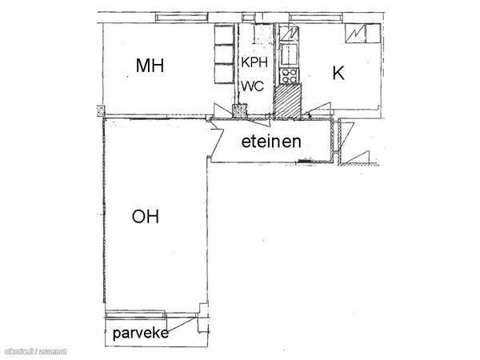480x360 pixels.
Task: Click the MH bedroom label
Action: [150, 66]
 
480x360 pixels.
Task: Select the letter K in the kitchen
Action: [338, 74]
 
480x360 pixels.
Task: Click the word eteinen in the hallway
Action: [272, 142]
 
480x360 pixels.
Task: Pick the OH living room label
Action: [146, 216]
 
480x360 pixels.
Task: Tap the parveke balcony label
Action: [140, 333]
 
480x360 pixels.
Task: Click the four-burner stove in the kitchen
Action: [287, 77]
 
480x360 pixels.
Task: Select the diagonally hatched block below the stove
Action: [286, 99]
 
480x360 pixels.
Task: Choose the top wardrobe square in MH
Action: [222, 35]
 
